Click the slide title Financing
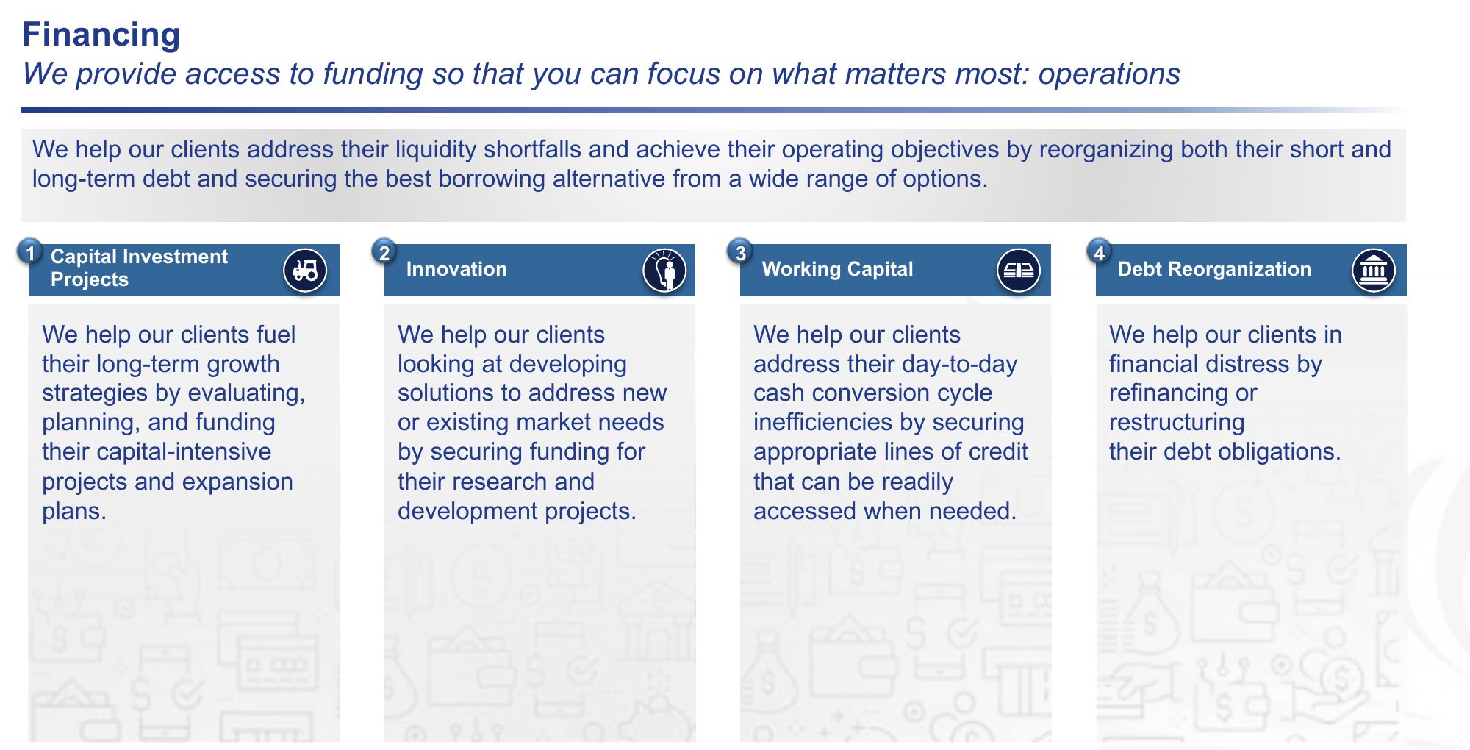tap(101, 35)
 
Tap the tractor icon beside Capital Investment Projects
tap(305, 270)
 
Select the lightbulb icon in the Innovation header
tap(664, 270)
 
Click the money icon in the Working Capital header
tap(1019, 270)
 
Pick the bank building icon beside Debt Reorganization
tap(1373, 270)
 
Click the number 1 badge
tap(30, 252)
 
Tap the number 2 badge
tap(384, 252)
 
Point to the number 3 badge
tap(740, 252)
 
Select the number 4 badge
tap(1099, 252)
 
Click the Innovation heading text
tap(456, 269)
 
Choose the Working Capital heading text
tap(837, 269)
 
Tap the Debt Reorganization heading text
tap(1214, 269)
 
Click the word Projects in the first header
tap(89, 280)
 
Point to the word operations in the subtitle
tap(1109, 74)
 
